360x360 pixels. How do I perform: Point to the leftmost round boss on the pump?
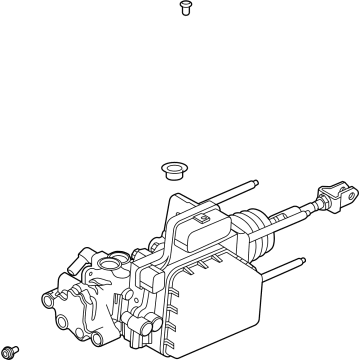tap(48, 298)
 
